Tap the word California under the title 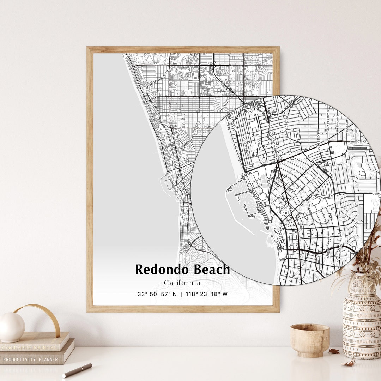pyautogui.click(x=182, y=283)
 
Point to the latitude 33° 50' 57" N pyautogui.click(x=157, y=294)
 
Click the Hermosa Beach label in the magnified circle pyautogui.click(x=252, y=109)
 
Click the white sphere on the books pyautogui.click(x=12, y=327)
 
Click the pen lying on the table pyautogui.click(x=77, y=370)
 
